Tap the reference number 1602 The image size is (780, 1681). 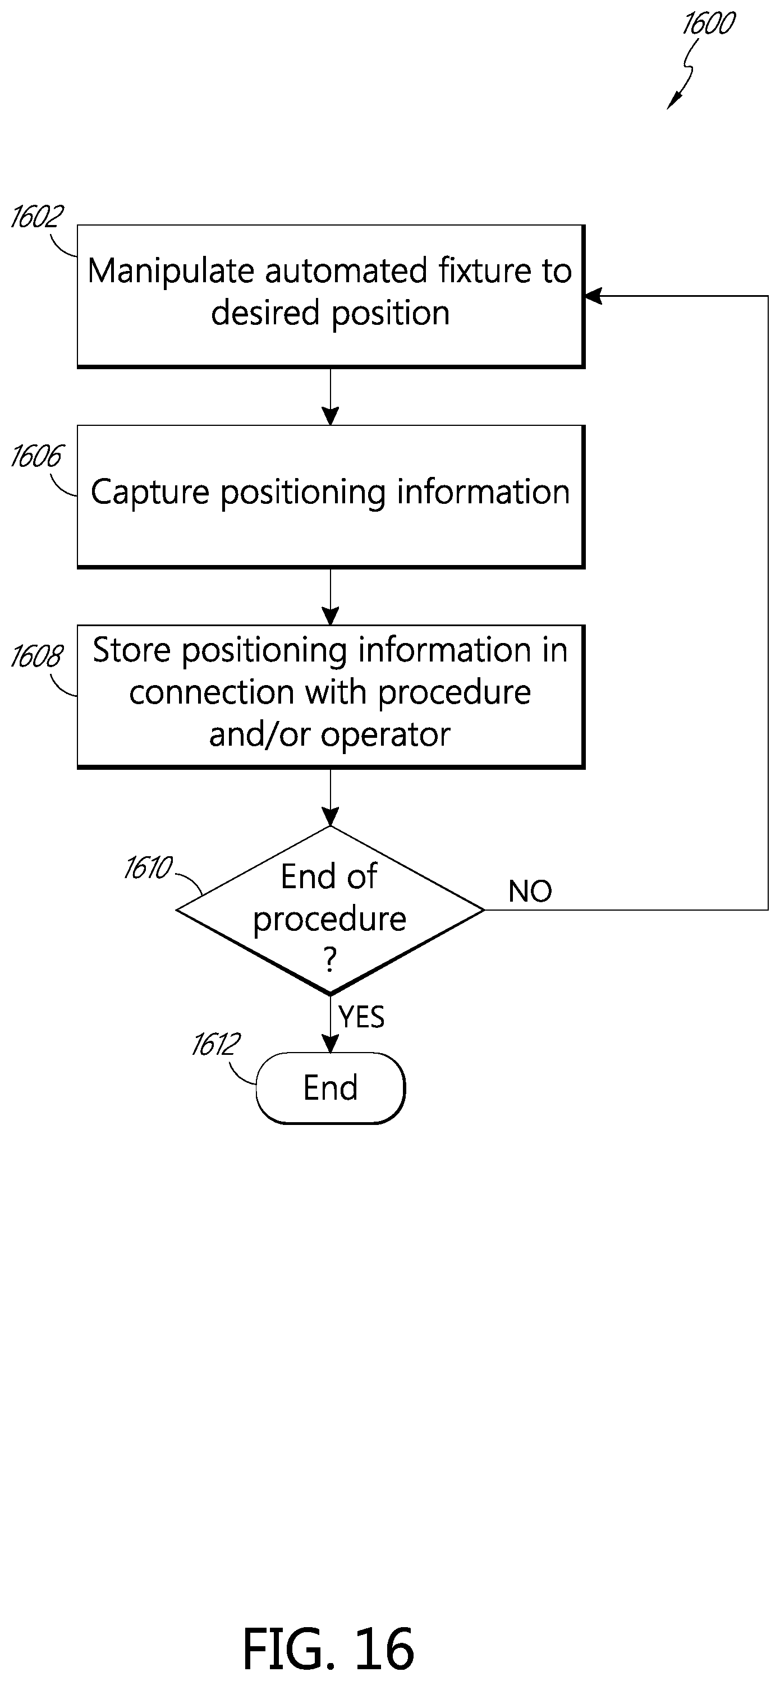[x=37, y=217]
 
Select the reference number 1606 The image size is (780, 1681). [x=36, y=456]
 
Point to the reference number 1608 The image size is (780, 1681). [x=36, y=656]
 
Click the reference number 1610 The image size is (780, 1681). [x=148, y=868]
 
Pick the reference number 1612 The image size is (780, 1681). [x=215, y=1044]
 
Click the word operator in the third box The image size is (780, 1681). [x=385, y=736]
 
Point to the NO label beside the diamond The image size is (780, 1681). [x=530, y=892]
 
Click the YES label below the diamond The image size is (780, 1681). [x=361, y=1017]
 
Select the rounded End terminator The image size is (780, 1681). [x=331, y=1088]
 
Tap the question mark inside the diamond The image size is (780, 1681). [x=331, y=960]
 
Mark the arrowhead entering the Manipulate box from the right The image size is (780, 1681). [x=593, y=296]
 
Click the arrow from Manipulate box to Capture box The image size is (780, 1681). [x=331, y=397]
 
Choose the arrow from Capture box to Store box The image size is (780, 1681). [x=331, y=597]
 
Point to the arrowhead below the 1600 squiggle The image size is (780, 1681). [x=673, y=102]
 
